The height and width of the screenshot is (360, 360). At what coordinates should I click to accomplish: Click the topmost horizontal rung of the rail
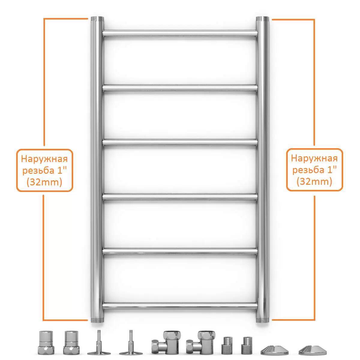pos(180,33)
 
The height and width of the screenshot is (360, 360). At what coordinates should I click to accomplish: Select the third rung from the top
pos(180,142)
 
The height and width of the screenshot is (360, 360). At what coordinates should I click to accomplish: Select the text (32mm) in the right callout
pos(314,181)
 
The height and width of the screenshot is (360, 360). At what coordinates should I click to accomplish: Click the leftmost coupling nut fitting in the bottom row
pos(46,343)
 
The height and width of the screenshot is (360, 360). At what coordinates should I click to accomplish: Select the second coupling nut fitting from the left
pos(71,343)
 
